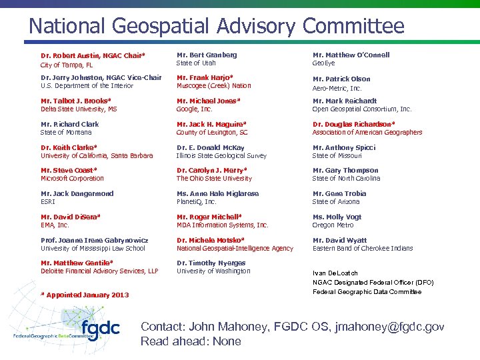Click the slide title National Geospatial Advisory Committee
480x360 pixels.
click(x=216, y=26)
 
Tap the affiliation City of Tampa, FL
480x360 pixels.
click(x=67, y=65)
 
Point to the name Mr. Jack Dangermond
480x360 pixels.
click(x=77, y=193)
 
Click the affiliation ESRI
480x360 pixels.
click(x=48, y=201)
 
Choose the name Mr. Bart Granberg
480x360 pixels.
click(x=207, y=55)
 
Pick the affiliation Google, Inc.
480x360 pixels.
click(x=195, y=109)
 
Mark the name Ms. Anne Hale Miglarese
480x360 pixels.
click(x=217, y=193)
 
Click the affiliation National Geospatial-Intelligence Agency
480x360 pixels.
click(x=235, y=248)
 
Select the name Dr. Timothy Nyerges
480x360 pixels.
click(x=211, y=263)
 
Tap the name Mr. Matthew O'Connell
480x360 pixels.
click(x=351, y=55)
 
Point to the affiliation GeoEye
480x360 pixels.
click(x=324, y=63)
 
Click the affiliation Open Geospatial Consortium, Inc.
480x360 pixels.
click(x=362, y=109)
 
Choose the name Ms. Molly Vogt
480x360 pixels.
click(x=337, y=217)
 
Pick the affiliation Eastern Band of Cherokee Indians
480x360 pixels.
click(x=363, y=248)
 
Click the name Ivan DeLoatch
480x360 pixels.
click(x=335, y=273)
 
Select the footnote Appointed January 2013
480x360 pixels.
click(x=85, y=295)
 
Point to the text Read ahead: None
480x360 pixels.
click(x=191, y=341)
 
